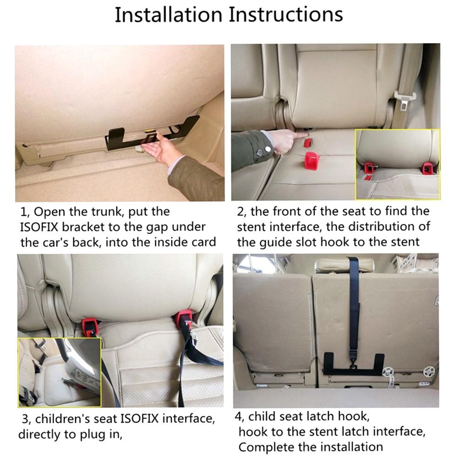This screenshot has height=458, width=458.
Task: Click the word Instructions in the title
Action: coord(286,15)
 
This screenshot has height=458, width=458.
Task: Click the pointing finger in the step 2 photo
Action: coord(293,136)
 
